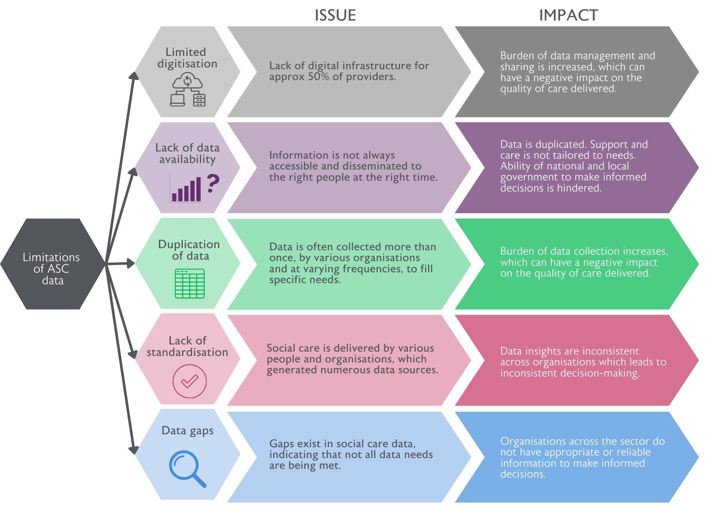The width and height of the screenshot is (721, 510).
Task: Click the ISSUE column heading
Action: point(335,16)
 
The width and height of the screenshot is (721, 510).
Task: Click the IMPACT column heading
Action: point(569,16)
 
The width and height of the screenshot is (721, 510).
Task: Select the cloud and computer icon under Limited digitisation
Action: point(187,89)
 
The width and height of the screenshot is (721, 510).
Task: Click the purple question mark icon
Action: point(213,183)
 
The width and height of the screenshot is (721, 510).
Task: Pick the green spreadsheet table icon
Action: point(190,283)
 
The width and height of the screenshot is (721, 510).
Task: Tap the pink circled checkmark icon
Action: point(190,381)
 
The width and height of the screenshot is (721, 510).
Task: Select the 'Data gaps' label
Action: point(187,431)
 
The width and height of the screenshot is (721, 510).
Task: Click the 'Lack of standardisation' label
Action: point(187,347)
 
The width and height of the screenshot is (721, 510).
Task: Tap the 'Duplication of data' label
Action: point(189,250)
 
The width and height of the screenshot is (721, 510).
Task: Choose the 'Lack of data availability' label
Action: point(187,153)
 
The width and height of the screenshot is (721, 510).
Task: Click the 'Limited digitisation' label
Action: point(187,58)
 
